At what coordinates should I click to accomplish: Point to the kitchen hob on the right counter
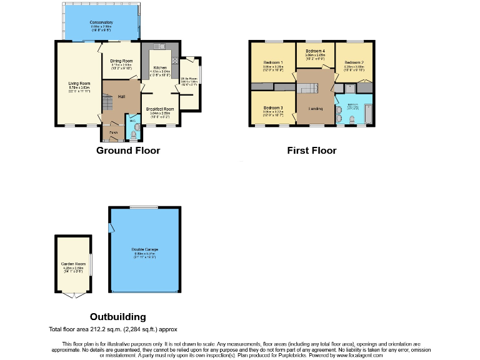tap(174, 61)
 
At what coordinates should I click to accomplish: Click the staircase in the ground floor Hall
tap(109, 100)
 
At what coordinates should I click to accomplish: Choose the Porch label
tap(114, 132)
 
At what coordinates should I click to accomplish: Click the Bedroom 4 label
tap(315, 52)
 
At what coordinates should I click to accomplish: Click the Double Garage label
tap(144, 251)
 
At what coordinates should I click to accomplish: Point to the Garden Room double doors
tap(73, 295)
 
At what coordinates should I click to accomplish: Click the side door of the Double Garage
tap(111, 229)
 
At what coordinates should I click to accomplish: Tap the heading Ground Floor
tap(127, 151)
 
